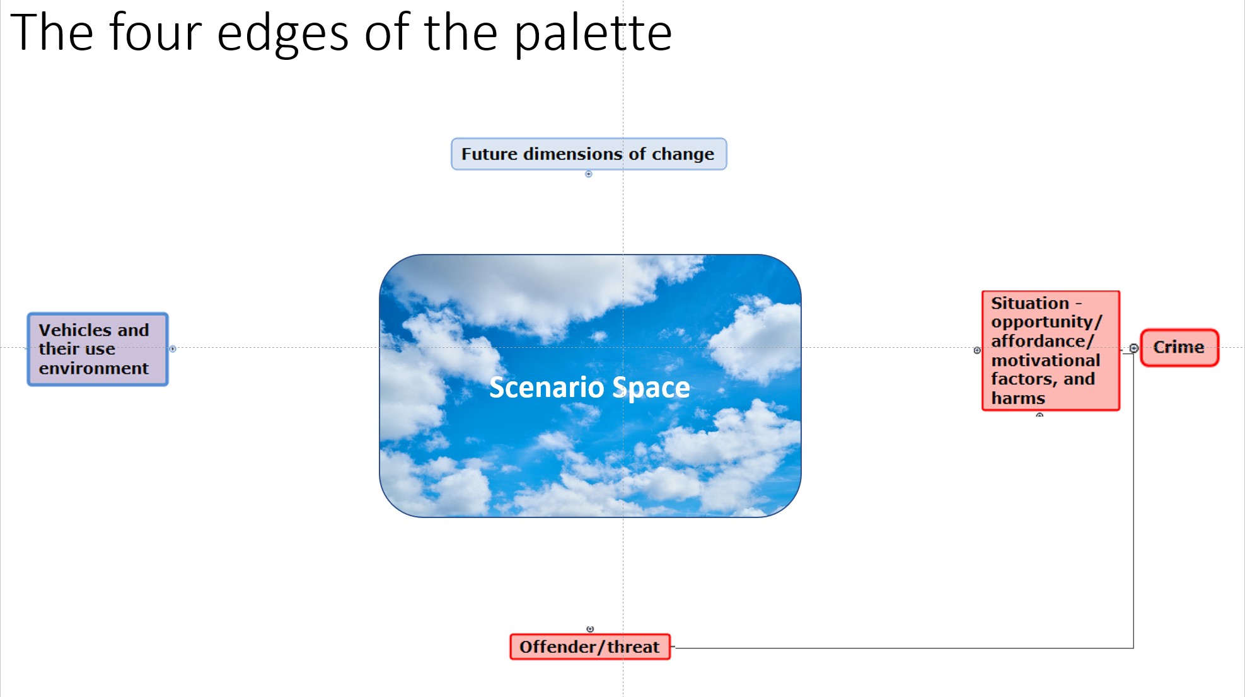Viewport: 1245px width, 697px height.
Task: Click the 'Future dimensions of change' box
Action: pos(589,154)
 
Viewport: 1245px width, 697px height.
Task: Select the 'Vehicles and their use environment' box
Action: pos(98,349)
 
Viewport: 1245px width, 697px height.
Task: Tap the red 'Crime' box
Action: pos(1179,347)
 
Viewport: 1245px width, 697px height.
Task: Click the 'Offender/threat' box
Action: pos(590,647)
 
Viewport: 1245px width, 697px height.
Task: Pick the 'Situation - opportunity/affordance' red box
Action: pos(1051,350)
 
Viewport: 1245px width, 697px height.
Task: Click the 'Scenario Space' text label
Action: pos(589,387)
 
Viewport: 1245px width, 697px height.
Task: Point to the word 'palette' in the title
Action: pos(593,33)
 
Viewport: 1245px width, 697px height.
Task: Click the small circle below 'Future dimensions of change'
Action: pos(589,174)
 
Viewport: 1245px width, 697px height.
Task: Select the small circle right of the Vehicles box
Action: pos(173,348)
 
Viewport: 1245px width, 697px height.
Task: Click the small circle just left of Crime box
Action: pos(1133,348)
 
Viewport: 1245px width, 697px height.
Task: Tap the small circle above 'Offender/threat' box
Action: pos(590,629)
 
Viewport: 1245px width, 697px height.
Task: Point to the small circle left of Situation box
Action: pos(977,350)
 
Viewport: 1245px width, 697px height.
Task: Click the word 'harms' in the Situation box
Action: pos(1018,398)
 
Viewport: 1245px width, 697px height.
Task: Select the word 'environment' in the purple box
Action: pos(94,368)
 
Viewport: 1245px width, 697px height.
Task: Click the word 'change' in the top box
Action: pos(683,154)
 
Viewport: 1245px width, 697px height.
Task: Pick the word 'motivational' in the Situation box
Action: pos(1046,360)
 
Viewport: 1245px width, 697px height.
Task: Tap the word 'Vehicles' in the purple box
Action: pos(75,330)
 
